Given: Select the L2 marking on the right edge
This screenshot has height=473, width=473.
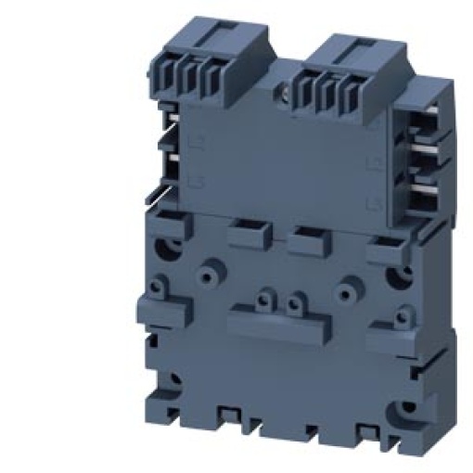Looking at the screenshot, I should coord(373,164).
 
